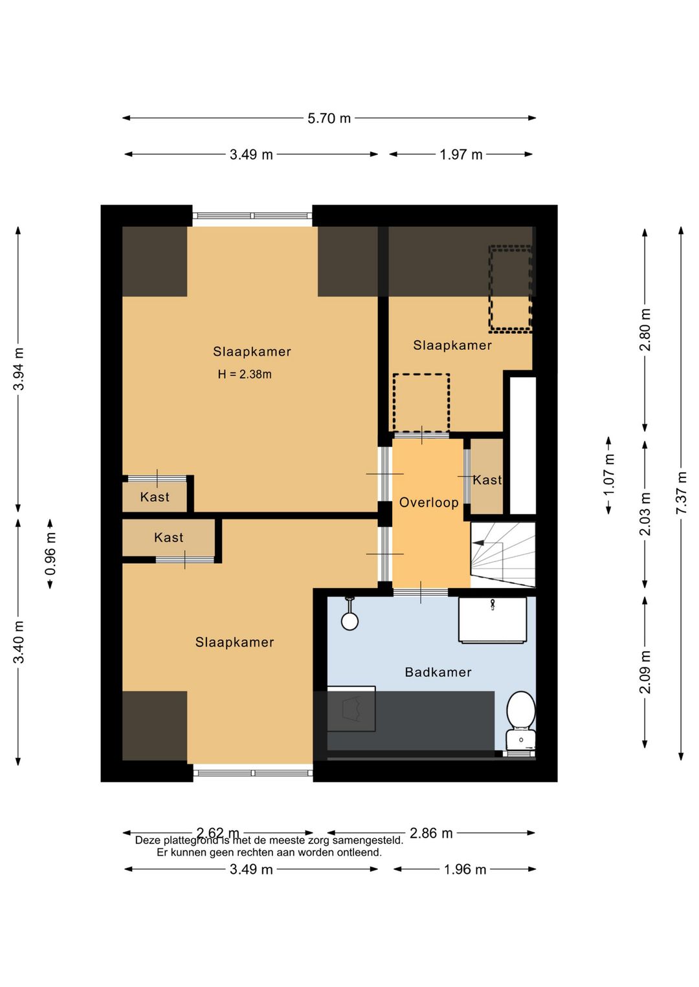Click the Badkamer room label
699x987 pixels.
point(438,672)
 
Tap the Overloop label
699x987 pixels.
point(428,503)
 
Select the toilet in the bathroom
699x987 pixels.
point(520,718)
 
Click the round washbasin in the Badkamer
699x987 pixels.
point(349,620)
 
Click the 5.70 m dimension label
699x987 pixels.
point(329,118)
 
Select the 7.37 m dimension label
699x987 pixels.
point(681,493)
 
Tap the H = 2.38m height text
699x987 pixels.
point(245,374)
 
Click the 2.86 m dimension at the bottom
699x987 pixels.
point(431,833)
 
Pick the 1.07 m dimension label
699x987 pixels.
point(609,474)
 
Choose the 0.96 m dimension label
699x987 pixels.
point(50,553)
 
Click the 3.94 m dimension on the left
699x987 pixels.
point(19,369)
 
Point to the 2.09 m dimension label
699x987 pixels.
point(645,672)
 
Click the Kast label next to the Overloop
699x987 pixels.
point(487,480)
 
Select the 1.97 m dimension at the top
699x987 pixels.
point(461,155)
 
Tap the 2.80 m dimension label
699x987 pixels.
point(645,329)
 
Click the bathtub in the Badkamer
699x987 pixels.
point(493,620)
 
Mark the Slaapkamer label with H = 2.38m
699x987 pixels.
point(252,352)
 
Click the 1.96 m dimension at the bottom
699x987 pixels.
point(465,869)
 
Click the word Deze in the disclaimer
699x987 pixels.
point(148,841)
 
